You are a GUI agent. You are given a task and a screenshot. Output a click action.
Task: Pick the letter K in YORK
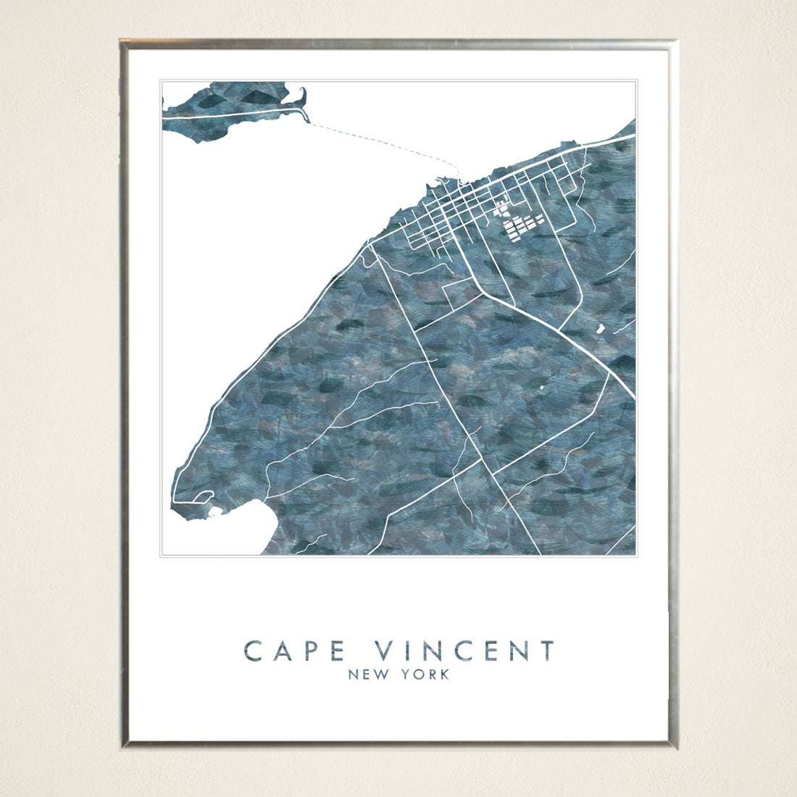point(444,675)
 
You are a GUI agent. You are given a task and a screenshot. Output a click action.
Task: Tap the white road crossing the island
point(232,113)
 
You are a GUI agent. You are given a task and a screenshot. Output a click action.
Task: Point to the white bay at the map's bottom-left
point(232,529)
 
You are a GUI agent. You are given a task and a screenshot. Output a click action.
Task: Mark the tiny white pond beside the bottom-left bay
point(214,513)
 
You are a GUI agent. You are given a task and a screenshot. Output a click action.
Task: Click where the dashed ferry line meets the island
point(310,123)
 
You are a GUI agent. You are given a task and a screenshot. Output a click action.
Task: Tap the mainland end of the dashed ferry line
point(459,176)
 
